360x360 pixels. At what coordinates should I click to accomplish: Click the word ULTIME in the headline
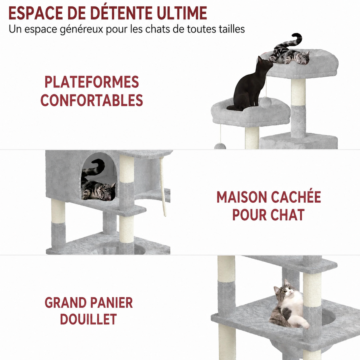tap(182, 13)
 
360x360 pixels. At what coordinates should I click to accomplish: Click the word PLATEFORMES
tap(92, 82)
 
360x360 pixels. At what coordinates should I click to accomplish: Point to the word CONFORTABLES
tap(92, 100)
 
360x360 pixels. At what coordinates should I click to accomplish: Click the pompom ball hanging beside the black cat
tap(265, 102)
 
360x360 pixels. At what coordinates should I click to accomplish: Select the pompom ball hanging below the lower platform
tap(220, 146)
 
